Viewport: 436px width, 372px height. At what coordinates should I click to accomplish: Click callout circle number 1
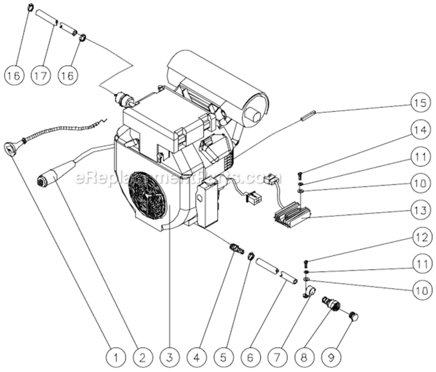[115, 356]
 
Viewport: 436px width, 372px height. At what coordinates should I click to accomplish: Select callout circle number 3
[169, 356]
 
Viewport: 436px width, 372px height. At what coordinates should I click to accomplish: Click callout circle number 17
[41, 75]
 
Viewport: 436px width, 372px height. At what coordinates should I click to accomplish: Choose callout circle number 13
[419, 210]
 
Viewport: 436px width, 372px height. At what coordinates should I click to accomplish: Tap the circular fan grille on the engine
[147, 195]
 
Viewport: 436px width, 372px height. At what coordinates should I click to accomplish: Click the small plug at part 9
[354, 316]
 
